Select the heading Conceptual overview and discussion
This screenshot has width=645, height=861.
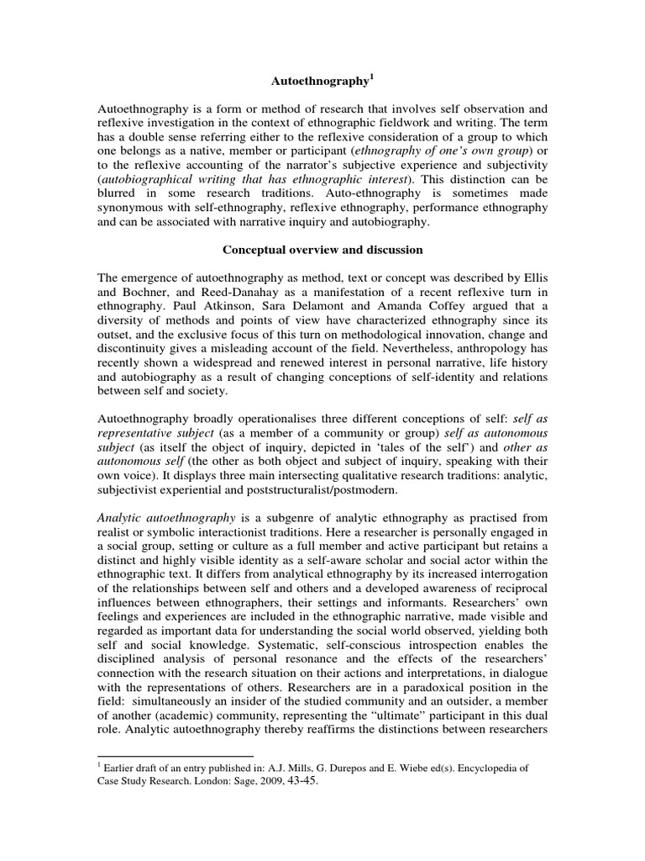pyautogui.click(x=322, y=250)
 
